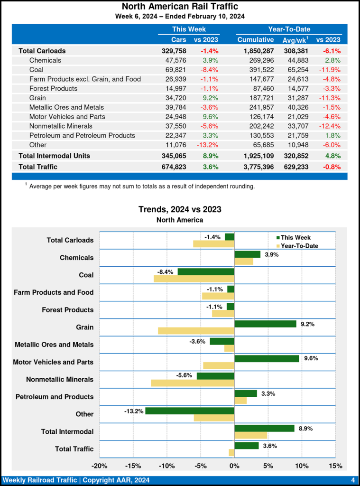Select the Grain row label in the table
pos(38,98)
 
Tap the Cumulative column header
pos(256,40)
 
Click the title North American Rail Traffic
pos(180,7)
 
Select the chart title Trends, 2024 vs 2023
pos(180,209)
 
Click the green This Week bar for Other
pos(190,411)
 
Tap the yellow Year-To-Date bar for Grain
pos(196,330)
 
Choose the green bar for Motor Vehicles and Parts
pos(267,358)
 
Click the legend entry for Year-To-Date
pos(299,246)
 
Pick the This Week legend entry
pos(295,238)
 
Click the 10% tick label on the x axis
pos(302,466)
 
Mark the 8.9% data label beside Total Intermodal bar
pos(305,428)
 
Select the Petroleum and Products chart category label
pos(55,397)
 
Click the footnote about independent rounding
pos(141,187)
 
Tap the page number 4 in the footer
pos(353,480)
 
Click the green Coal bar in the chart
pos(206,272)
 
